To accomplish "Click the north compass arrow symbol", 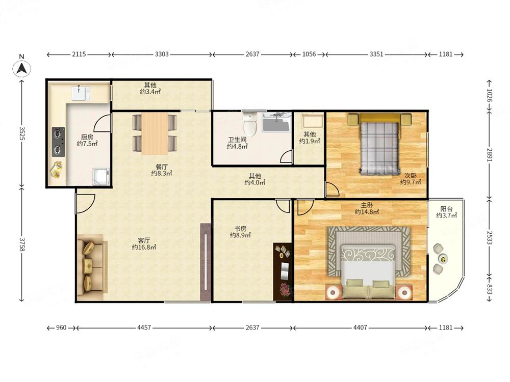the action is (22, 69).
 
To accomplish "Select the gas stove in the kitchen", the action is (58, 142).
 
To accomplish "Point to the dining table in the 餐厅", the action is (155, 133).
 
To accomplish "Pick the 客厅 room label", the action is (144, 240).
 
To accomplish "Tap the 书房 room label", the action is (240, 229).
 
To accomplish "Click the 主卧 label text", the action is (367, 205).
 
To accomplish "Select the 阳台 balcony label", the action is (447, 209).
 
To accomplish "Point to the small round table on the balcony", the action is (442, 259).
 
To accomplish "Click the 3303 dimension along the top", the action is (161, 54).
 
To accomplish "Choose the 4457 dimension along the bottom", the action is (144, 328).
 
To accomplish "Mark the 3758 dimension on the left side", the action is (22, 244).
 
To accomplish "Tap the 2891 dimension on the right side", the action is (490, 154).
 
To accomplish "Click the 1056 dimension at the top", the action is (309, 54).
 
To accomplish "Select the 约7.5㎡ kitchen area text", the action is (87, 144).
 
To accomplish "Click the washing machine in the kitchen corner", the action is (101, 176).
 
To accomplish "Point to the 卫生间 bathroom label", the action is (237, 140).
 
